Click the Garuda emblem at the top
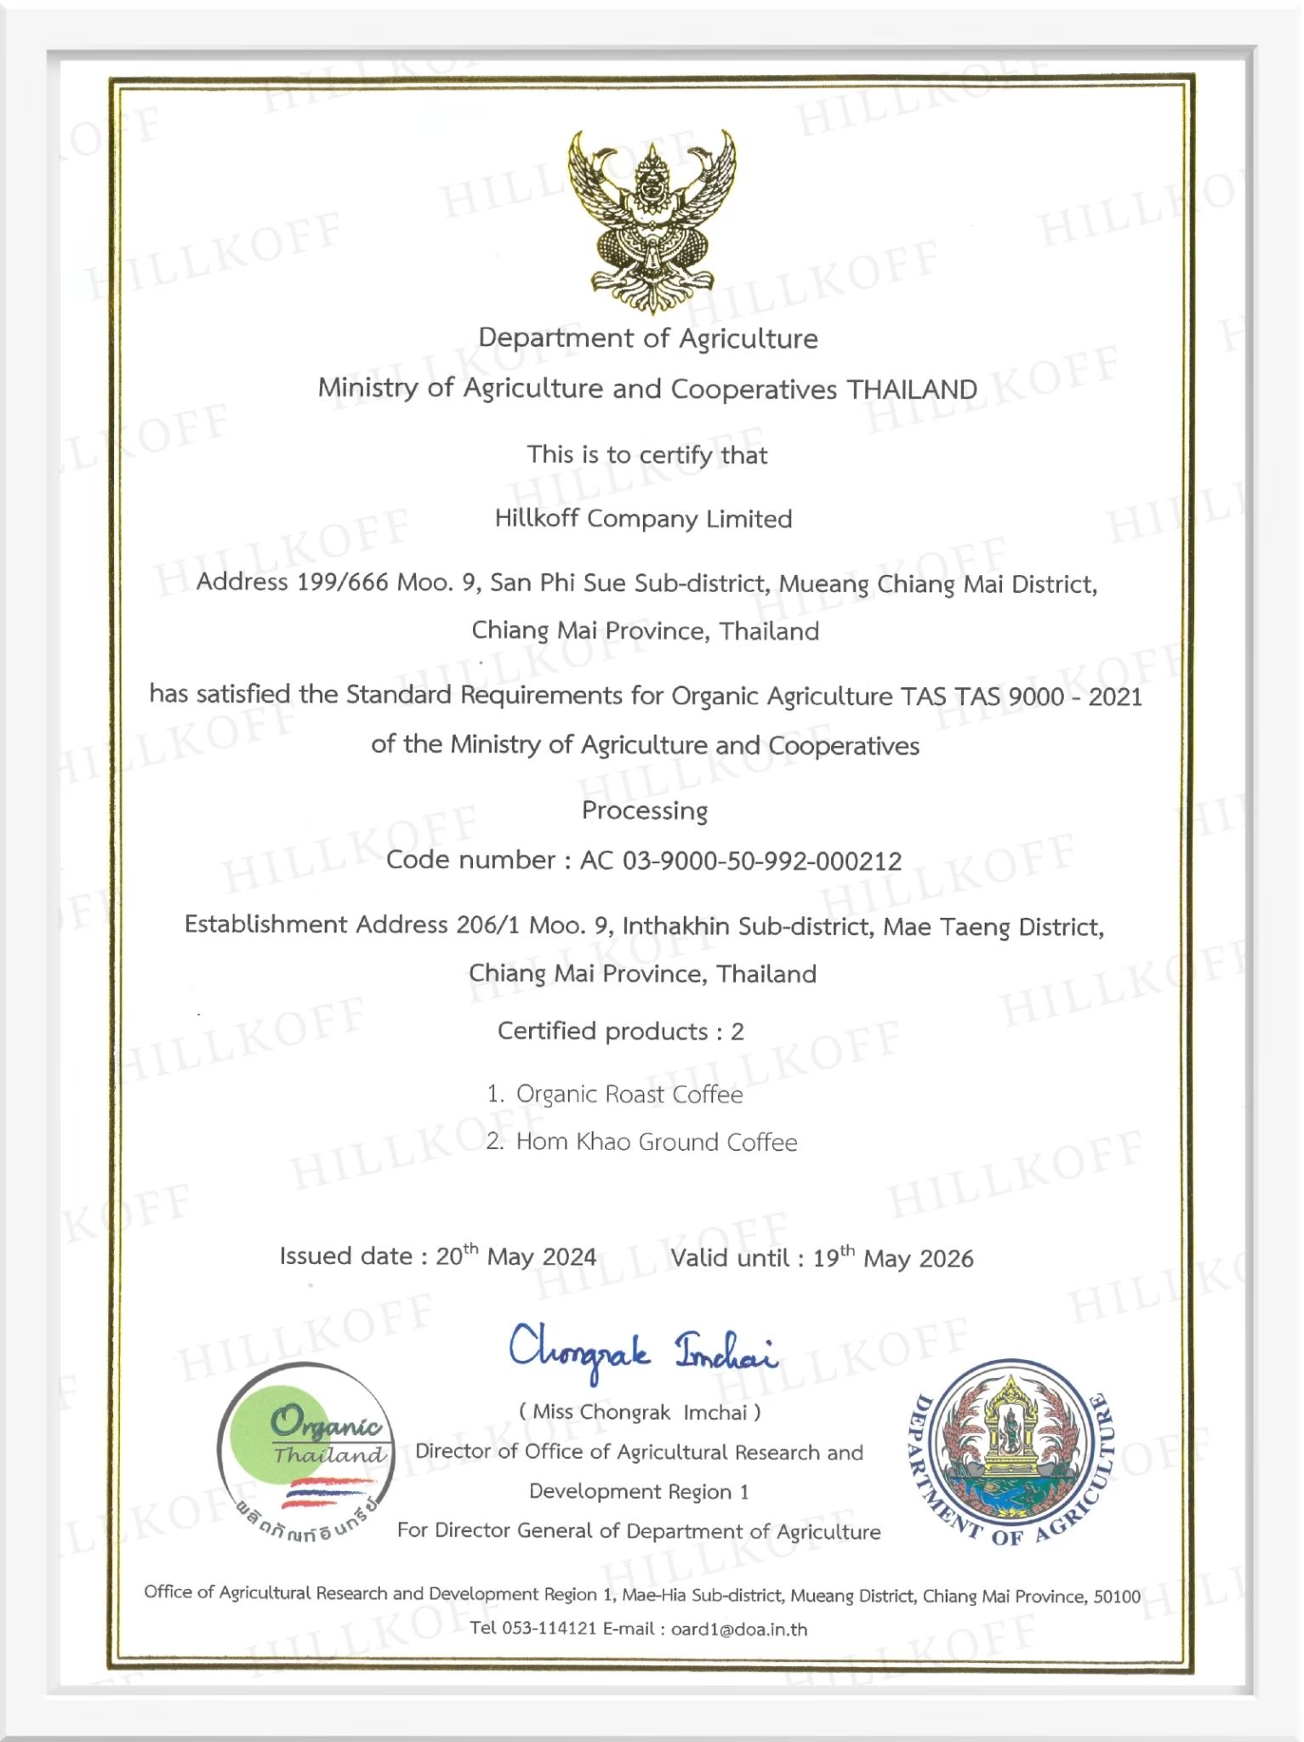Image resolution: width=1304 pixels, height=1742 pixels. click(x=652, y=222)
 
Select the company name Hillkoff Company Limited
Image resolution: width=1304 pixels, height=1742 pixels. click(x=643, y=519)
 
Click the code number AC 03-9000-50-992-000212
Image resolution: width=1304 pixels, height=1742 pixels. click(x=740, y=861)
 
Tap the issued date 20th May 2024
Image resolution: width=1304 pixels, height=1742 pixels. click(x=515, y=1256)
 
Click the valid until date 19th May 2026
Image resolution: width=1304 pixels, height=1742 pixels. click(x=892, y=1258)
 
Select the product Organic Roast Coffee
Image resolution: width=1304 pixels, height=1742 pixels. click(x=629, y=1095)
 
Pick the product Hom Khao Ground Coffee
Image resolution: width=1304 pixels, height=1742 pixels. click(x=656, y=1142)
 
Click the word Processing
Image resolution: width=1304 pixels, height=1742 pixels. click(x=644, y=811)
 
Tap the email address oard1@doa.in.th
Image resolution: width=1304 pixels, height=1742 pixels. click(x=738, y=1630)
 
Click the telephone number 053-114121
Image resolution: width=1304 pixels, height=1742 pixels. click(x=549, y=1629)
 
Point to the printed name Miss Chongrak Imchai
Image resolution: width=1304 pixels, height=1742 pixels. click(x=640, y=1413)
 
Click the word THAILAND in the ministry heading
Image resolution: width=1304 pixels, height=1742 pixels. click(x=912, y=390)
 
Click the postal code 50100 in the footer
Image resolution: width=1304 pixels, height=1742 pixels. click(x=1116, y=1597)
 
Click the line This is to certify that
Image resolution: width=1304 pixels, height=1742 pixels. click(x=646, y=455)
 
